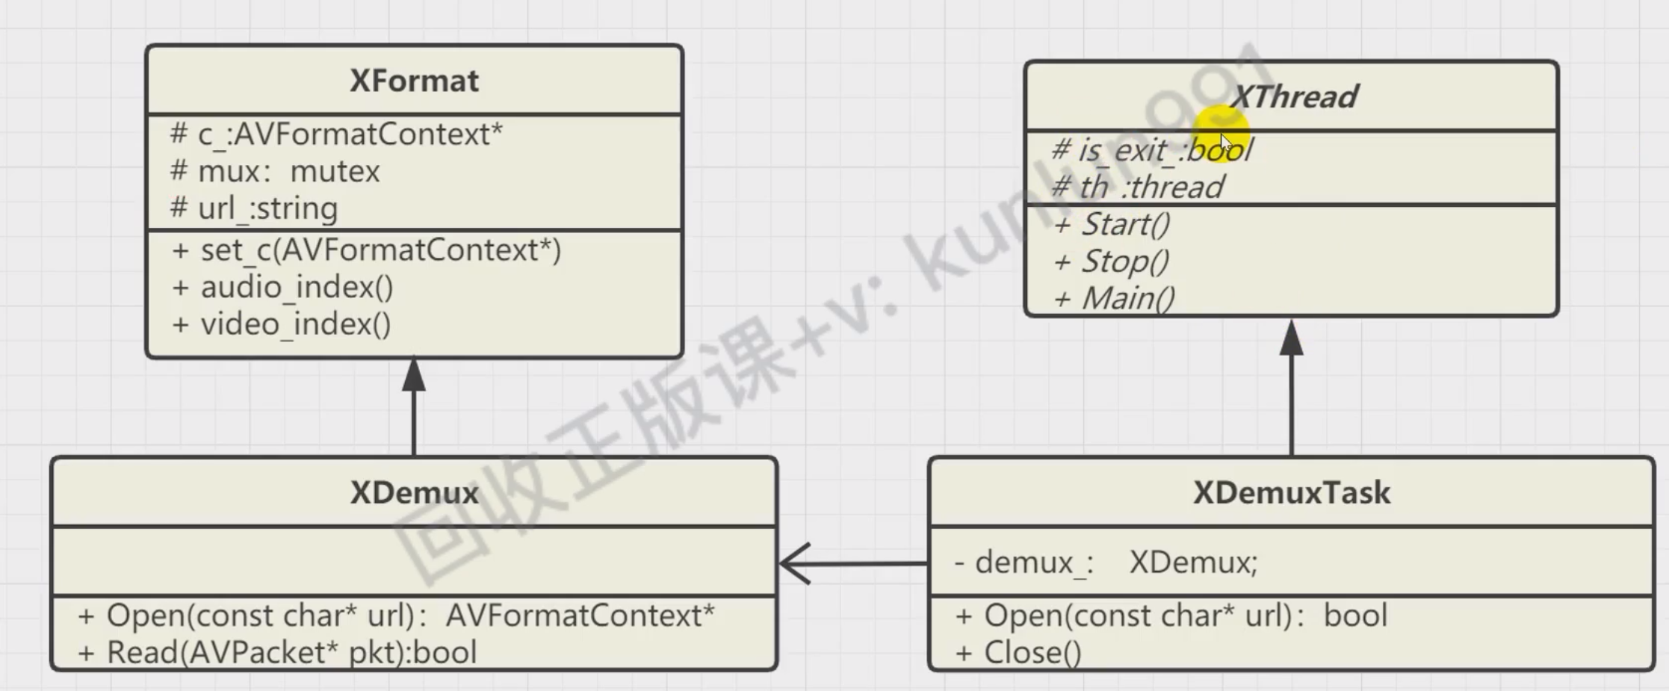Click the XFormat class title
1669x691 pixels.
click(414, 81)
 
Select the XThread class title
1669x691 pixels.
click(1293, 96)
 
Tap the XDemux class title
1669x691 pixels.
click(414, 493)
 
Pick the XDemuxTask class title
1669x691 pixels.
click(1291, 493)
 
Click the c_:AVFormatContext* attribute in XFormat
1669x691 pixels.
click(336, 134)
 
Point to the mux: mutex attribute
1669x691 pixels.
click(275, 172)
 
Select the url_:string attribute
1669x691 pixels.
click(254, 208)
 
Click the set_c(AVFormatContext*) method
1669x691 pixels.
click(366, 250)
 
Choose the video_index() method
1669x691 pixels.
click(281, 324)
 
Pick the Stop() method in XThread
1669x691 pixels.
click(1111, 261)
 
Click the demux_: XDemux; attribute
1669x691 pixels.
click(1106, 562)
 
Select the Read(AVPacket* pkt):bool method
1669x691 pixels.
click(277, 653)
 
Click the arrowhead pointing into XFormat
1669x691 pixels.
click(414, 375)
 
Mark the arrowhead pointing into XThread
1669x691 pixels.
click(1292, 338)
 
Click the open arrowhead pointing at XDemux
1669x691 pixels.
click(793, 563)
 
